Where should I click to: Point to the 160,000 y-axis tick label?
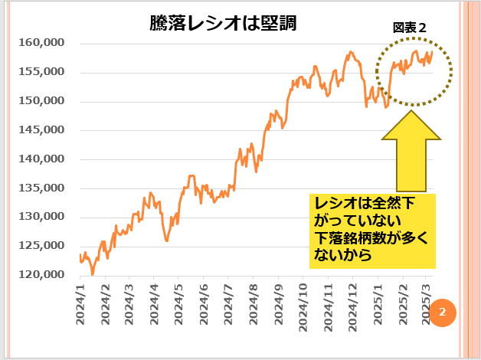41,44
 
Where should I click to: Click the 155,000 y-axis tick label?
41,72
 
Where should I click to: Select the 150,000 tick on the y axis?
41,101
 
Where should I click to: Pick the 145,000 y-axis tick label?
41,130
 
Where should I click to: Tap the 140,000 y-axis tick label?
41,159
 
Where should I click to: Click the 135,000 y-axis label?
41,188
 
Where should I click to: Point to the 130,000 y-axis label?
41,217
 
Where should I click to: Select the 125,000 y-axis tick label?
41,246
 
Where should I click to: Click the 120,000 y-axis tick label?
41,274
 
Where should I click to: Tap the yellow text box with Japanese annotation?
372,231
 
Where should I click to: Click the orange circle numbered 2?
443,313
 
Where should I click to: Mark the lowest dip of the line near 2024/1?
93,273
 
